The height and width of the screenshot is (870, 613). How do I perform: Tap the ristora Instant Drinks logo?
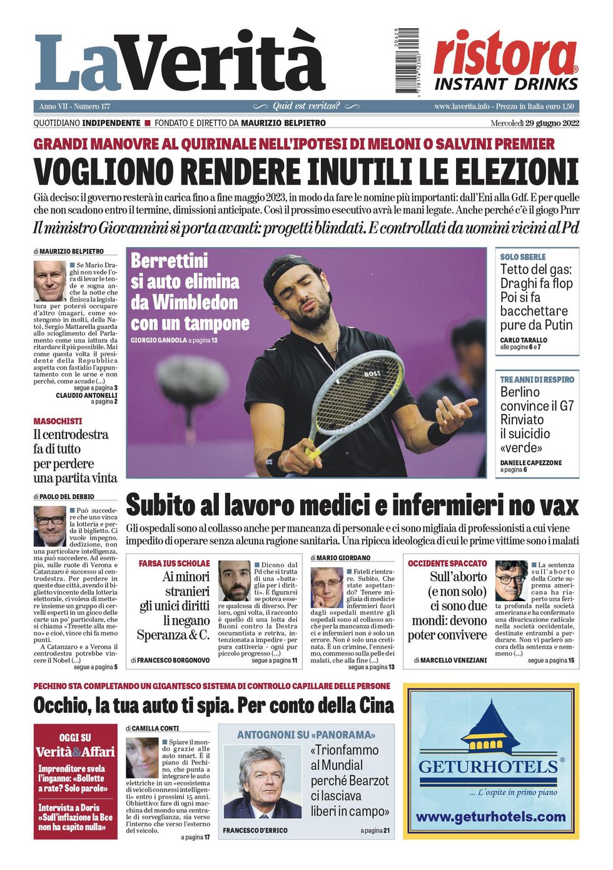tap(506, 61)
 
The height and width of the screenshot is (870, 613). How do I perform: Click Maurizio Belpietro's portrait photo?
tap(50, 281)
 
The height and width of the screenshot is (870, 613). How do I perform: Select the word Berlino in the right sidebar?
tap(520, 392)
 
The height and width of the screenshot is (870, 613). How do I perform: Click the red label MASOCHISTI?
tap(58, 422)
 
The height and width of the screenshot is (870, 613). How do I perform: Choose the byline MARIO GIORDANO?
tap(343, 557)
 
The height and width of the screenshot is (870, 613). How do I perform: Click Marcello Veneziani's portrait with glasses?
tap(510, 580)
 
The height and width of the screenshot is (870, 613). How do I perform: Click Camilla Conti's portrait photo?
tap(142, 757)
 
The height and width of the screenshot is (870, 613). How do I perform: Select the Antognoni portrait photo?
tap(263, 781)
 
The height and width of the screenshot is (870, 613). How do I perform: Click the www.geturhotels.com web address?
tap(490, 817)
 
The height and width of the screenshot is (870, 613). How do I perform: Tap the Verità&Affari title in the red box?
tap(75, 751)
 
